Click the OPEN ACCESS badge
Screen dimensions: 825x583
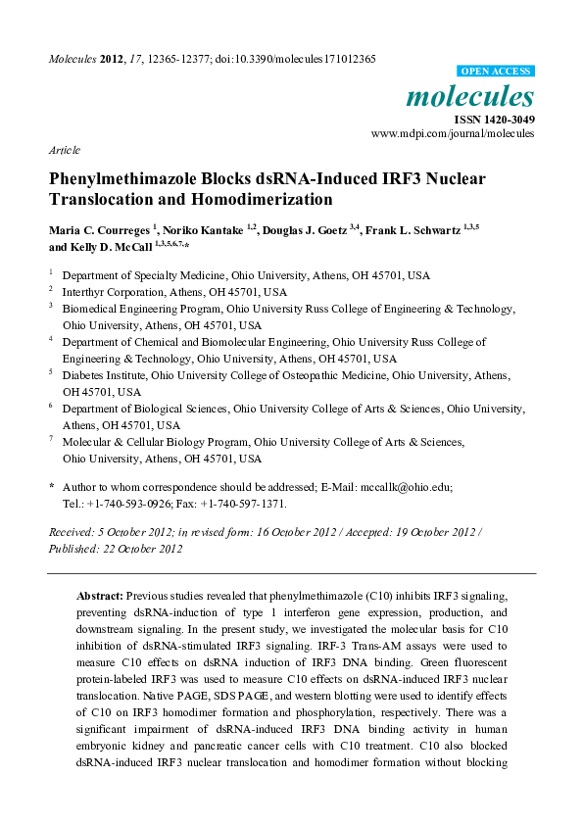[497, 72]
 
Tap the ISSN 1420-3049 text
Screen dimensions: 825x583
[495, 120]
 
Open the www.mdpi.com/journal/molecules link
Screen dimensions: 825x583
[454, 133]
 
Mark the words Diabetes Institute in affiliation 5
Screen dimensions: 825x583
[102, 374]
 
